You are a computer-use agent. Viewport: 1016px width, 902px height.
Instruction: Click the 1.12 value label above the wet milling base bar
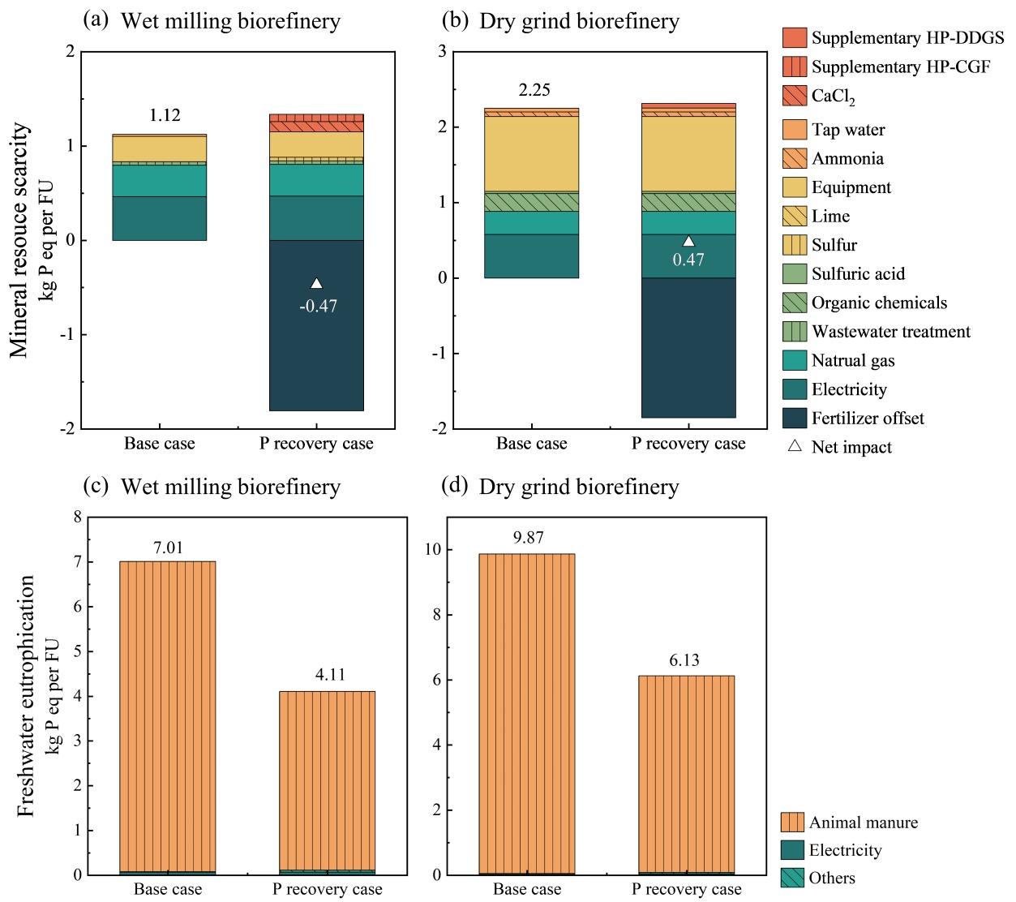click(165, 115)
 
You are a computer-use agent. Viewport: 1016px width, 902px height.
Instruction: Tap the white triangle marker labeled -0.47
click(316, 283)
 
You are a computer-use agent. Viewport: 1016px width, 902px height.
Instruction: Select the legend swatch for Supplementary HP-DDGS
click(794, 38)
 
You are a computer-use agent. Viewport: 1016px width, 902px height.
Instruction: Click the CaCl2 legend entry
click(833, 96)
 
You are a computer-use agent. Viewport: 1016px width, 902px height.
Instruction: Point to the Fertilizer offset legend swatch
click(794, 419)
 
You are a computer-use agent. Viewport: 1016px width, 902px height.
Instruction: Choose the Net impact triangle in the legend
click(795, 446)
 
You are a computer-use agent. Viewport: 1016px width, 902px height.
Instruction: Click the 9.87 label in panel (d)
click(528, 538)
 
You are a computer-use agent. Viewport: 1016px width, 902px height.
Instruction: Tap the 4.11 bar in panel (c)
click(327, 779)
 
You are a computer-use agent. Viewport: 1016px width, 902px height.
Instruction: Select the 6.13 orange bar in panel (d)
click(686, 771)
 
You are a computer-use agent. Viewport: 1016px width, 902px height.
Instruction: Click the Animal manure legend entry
click(863, 823)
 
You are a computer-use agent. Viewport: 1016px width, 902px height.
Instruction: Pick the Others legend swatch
click(792, 878)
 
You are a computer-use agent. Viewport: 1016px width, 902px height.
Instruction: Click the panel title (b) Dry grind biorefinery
click(560, 21)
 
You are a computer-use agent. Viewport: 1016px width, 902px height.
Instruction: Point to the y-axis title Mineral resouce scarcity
click(19, 240)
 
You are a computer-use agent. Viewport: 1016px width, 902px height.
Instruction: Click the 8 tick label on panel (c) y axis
click(78, 517)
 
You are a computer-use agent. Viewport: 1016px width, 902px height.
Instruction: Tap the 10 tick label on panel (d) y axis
click(433, 550)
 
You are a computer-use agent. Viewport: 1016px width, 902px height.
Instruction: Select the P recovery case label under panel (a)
click(316, 444)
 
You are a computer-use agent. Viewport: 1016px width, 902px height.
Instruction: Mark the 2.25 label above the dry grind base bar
click(534, 90)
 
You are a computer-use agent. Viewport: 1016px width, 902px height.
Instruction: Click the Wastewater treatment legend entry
click(890, 332)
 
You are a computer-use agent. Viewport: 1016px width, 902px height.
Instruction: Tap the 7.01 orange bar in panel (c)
click(167, 714)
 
